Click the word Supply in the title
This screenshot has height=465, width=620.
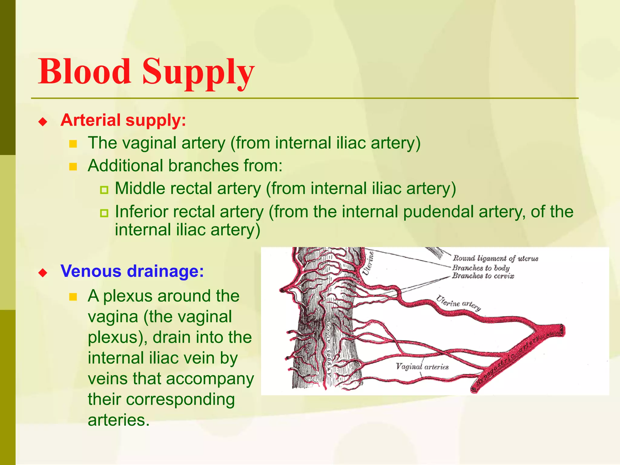(198, 73)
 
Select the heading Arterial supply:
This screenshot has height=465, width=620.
(123, 120)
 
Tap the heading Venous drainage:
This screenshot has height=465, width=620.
(132, 271)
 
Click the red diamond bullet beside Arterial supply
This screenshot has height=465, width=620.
(43, 122)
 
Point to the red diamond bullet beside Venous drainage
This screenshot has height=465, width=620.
(43, 273)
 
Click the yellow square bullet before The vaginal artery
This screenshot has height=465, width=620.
(73, 144)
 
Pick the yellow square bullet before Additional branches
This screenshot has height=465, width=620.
(73, 167)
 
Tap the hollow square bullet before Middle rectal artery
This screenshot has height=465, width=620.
(104, 190)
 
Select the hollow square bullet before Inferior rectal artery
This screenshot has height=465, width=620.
(104, 213)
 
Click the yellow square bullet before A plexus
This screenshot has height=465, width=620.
(73, 297)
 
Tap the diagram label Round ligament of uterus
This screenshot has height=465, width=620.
(495, 258)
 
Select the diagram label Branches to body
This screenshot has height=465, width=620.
(481, 268)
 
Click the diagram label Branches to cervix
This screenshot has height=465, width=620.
(483, 276)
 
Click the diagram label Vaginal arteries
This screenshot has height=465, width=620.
(422, 367)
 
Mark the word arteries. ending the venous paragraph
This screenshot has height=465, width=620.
(119, 420)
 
